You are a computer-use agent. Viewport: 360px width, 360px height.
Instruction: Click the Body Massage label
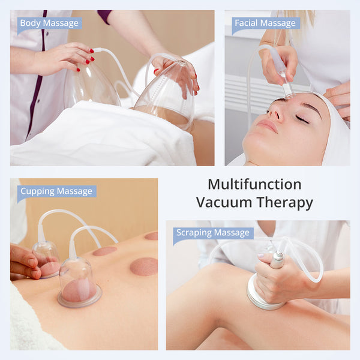point(49,23)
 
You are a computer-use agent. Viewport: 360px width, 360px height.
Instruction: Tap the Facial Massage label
point(266,23)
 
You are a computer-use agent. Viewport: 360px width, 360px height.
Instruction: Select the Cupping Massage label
point(56,191)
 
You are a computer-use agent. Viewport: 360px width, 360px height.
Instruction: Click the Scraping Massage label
point(213,233)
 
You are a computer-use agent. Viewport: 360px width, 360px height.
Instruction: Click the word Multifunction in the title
point(254,184)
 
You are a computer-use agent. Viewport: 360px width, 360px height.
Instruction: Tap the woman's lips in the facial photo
point(269,125)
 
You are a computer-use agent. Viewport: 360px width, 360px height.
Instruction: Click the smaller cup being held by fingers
point(47,258)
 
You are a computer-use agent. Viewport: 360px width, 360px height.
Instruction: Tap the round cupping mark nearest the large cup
point(143,266)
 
